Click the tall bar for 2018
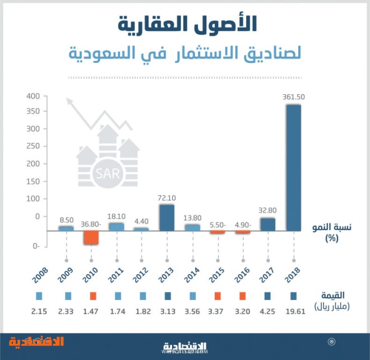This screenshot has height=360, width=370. (294, 168)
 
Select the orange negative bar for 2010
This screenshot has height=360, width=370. (91, 238)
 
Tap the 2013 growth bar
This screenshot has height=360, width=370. (166, 218)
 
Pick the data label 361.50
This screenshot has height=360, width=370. (294, 98)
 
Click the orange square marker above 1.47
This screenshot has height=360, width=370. (93, 296)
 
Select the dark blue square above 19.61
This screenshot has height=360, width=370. (294, 296)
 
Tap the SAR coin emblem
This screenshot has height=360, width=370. (108, 172)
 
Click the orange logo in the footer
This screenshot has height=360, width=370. (36, 341)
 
